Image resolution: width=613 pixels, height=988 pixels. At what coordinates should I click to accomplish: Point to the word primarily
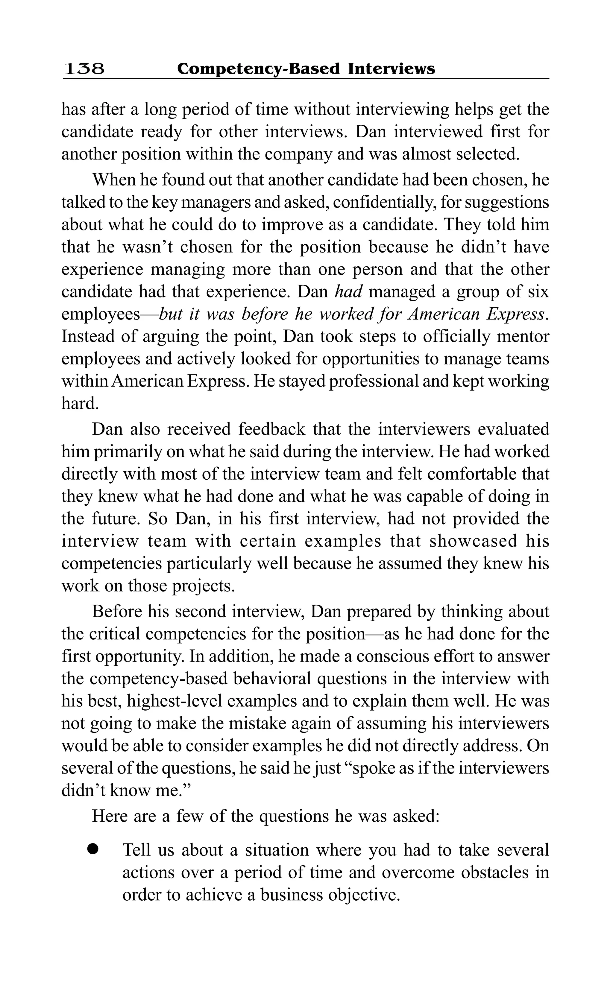[127, 452]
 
